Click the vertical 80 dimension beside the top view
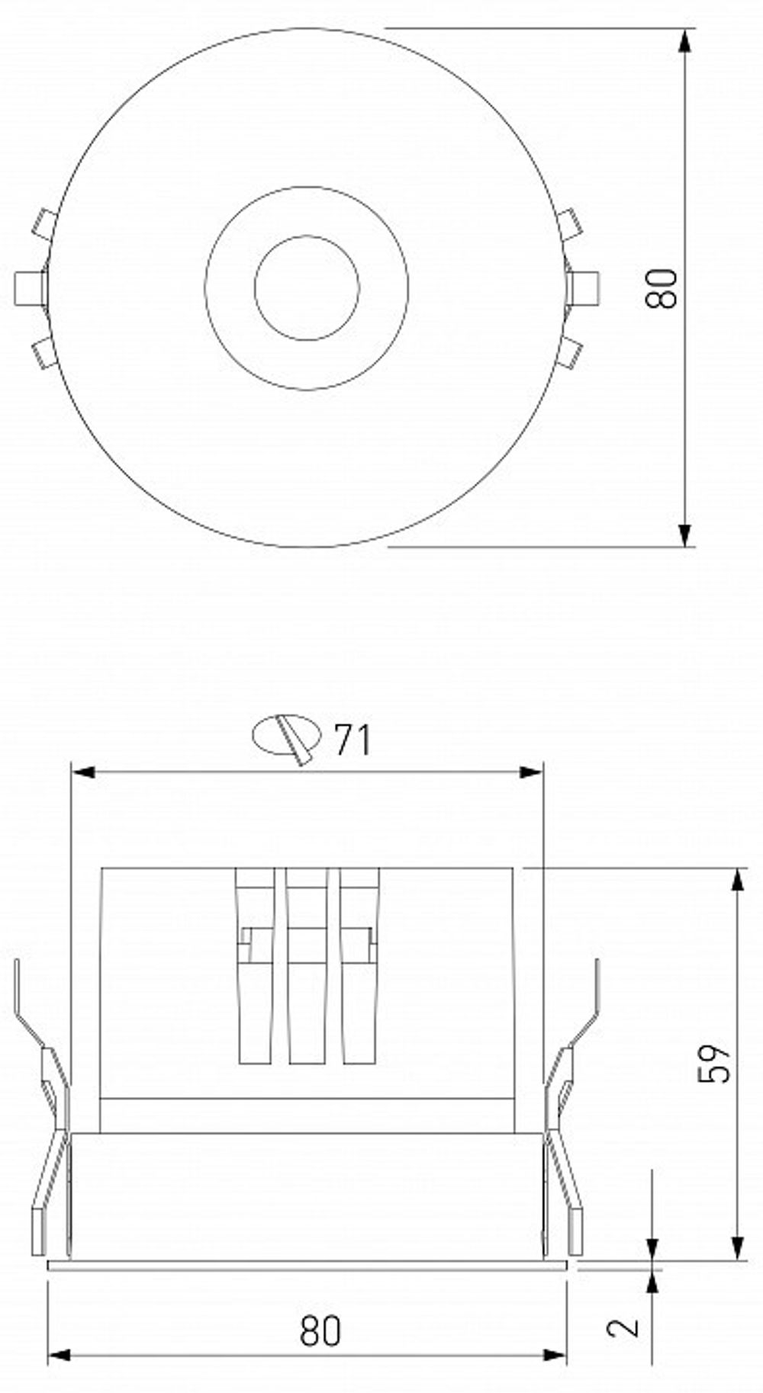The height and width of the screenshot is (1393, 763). point(661,287)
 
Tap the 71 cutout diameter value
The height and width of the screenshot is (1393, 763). point(353,740)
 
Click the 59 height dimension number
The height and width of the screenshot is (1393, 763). point(715,1063)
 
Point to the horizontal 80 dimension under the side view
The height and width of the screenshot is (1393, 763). point(320,1331)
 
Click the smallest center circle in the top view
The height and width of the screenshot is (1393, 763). point(307,287)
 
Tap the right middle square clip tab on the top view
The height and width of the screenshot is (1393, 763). point(584,288)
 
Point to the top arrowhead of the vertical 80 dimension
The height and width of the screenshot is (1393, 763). point(686,40)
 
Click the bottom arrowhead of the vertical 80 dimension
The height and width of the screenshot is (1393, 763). point(686,535)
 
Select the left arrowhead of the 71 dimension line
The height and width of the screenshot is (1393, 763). point(82,772)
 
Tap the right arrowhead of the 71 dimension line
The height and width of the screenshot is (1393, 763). point(531,772)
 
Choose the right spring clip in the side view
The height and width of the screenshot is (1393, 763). point(569,1113)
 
